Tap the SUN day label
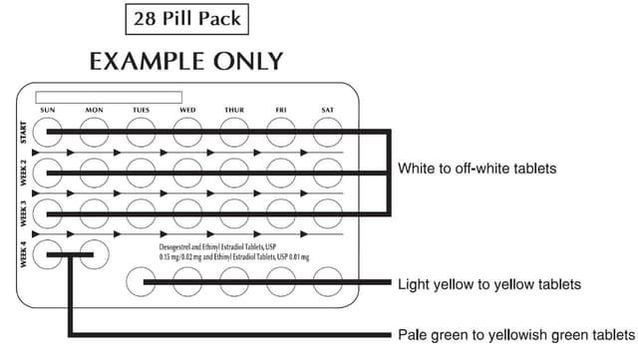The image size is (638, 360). click(x=47, y=110)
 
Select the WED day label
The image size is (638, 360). click(x=186, y=110)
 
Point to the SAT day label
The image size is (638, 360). click(x=327, y=110)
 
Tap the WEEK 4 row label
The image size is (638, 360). click(x=24, y=255)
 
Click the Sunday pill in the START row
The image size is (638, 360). click(x=47, y=132)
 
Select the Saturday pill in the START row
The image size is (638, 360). click(x=327, y=132)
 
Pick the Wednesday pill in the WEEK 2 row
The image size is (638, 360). click(x=187, y=173)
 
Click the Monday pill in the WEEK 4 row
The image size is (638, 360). click(x=95, y=254)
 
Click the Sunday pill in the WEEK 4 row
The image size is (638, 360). click(x=47, y=254)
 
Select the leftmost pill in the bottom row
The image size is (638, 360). click(x=142, y=283)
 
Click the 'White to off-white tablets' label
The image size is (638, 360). click(x=476, y=169)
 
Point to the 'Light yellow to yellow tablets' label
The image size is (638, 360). click(x=488, y=284)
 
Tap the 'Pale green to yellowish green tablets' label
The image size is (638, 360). click(x=515, y=333)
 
